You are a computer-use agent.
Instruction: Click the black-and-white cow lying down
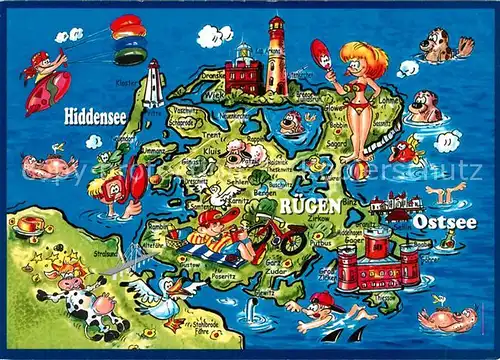click(85, 305)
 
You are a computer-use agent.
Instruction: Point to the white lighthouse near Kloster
click(152, 84)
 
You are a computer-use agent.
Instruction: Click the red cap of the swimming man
click(320, 298)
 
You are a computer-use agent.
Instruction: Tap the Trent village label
click(211, 133)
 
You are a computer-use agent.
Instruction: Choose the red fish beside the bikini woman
click(402, 150)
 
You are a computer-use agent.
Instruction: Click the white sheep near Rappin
click(240, 150)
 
